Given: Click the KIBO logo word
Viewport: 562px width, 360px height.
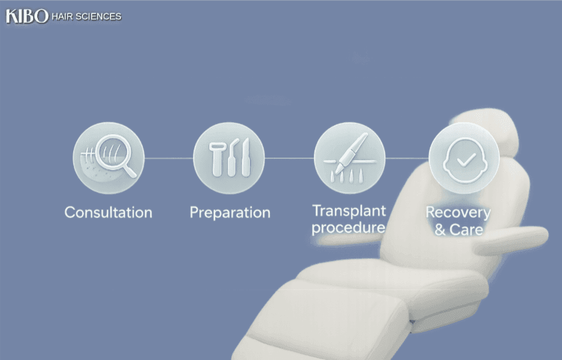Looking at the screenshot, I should point(27,16).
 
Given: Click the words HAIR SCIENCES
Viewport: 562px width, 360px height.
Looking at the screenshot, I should point(86,17).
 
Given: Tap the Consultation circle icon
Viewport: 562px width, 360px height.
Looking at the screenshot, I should point(108,158).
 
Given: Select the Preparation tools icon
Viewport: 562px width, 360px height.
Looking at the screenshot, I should point(228,158).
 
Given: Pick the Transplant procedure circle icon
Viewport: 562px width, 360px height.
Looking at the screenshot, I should point(349,158).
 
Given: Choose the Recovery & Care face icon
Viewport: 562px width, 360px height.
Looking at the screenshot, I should point(464,158).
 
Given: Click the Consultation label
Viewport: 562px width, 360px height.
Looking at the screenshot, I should point(108,212).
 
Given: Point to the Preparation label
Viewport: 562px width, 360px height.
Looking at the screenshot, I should point(230,213).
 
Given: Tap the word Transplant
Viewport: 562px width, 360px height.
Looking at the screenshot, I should point(349,210).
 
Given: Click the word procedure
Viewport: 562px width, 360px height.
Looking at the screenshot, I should point(348,227).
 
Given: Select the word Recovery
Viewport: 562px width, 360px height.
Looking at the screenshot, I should point(458,212).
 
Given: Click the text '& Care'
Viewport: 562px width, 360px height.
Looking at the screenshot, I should point(459,229).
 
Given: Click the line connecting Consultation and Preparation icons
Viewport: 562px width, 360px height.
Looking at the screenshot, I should point(168,158).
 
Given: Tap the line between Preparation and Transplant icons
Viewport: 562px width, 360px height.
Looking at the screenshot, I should point(289,158).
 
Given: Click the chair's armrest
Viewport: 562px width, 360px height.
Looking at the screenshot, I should point(511,241).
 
